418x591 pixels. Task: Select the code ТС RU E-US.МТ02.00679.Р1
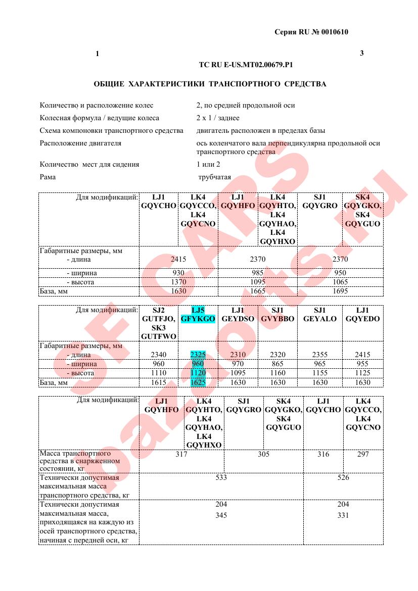point(246,65)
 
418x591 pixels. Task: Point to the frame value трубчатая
point(215,177)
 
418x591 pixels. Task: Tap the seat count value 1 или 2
point(208,164)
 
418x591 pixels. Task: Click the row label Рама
point(48,177)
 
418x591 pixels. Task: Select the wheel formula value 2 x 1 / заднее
point(218,118)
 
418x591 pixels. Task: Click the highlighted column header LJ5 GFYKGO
point(198,314)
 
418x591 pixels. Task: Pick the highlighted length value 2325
point(198,355)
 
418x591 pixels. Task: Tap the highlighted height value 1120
point(198,373)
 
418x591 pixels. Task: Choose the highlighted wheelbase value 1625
point(198,382)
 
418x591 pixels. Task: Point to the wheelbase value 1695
point(340,291)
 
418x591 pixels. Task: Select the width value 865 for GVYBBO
point(278,364)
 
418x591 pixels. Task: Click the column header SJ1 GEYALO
point(320,314)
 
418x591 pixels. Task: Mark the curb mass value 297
point(362,454)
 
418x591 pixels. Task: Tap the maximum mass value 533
point(221,477)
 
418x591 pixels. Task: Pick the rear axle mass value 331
point(343,515)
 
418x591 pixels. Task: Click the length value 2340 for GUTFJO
point(159,355)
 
